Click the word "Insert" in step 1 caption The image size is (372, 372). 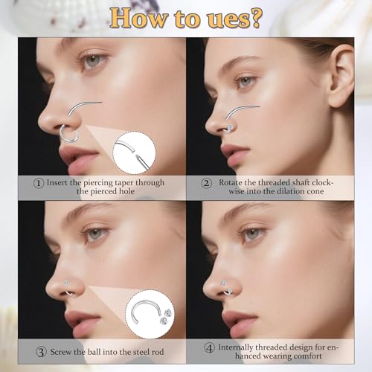pyautogui.click(x=62, y=182)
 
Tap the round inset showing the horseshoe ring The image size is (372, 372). pyautogui.click(x=150, y=313)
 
